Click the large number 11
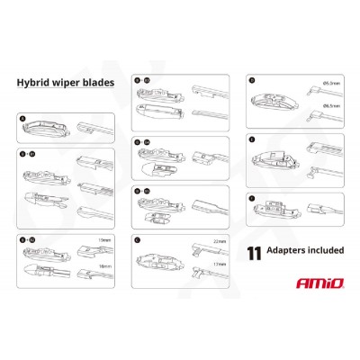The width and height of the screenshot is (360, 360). tap(255, 252)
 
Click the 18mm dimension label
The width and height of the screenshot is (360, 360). tap(105, 268)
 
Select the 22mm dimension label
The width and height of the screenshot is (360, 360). tap(220, 241)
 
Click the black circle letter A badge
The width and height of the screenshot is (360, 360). tap(22, 116)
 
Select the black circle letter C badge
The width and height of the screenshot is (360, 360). tap(136, 238)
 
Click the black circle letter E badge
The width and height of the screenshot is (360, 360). tap(251, 139)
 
